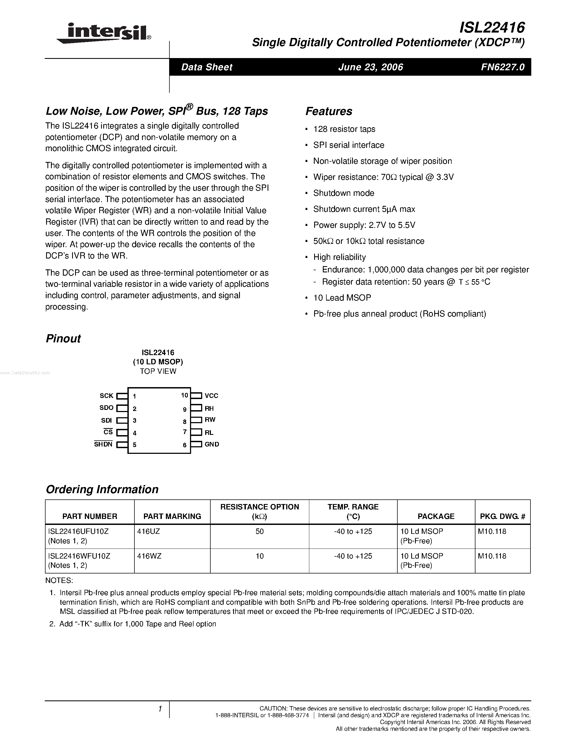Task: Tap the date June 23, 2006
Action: tap(370, 67)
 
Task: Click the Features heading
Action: tap(329, 111)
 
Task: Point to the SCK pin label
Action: tap(106, 396)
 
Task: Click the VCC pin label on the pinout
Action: tap(211, 396)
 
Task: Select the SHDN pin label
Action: tap(103, 444)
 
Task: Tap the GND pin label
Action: tap(212, 444)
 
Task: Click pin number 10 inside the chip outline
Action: tap(184, 395)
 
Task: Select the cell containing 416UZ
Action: tap(149, 531)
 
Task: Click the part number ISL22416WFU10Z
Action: tap(79, 556)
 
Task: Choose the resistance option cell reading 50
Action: tap(259, 531)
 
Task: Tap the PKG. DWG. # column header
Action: tap(502, 516)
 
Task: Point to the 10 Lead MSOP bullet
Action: tap(342, 298)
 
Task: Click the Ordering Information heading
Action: tap(102, 489)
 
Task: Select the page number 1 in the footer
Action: tap(160, 709)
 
